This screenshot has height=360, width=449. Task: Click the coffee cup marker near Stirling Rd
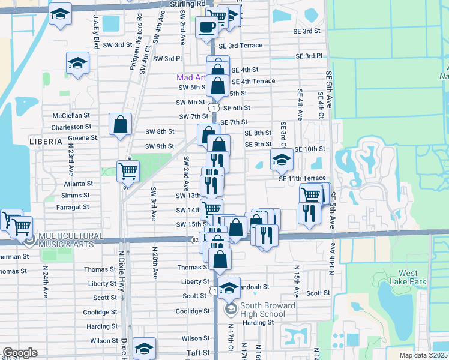click(x=207, y=28)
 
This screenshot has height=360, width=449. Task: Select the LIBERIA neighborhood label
click(x=45, y=142)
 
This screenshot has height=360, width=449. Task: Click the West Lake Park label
click(x=408, y=277)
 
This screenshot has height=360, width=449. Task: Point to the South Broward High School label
click(x=268, y=310)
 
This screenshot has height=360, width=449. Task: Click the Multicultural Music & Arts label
click(x=71, y=240)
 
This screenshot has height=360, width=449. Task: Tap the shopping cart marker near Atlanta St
click(x=128, y=172)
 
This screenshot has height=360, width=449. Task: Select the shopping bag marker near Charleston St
click(x=120, y=124)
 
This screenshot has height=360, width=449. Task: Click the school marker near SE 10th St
click(x=281, y=159)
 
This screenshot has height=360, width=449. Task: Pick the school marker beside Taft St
click(x=144, y=349)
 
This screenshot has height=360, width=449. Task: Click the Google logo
click(x=20, y=353)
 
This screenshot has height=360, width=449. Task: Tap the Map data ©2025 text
click(x=423, y=355)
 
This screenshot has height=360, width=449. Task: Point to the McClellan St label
click(x=71, y=115)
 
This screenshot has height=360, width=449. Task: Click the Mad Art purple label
click(x=190, y=78)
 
